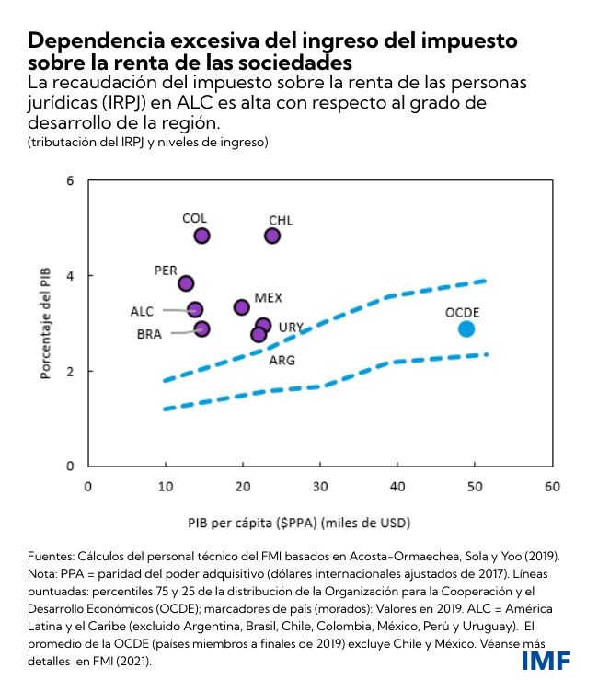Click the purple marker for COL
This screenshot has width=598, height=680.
click(201, 236)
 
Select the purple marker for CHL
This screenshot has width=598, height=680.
click(272, 236)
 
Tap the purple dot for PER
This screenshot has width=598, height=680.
click(186, 283)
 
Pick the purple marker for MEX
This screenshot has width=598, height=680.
click(242, 307)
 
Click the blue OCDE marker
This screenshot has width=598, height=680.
click(466, 328)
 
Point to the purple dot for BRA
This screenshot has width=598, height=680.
click(201, 328)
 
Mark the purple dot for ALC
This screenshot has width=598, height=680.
click(195, 310)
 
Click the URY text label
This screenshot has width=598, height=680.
click(291, 327)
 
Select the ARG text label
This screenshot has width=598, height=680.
click(282, 360)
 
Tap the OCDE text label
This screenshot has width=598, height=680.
click(462, 312)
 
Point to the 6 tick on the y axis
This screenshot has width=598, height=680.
click(69, 180)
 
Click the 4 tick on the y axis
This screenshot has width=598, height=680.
click(69, 276)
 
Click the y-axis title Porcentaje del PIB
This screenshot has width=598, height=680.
click(44, 323)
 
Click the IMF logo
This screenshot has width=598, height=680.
click(546, 660)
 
